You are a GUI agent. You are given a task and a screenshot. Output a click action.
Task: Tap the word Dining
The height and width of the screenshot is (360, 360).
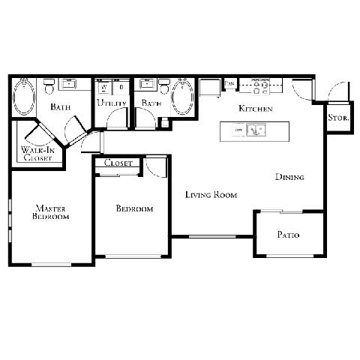289,178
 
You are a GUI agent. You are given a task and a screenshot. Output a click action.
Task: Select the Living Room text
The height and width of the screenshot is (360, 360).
211,195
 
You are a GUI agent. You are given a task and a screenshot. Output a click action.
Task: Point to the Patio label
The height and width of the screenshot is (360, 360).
288,235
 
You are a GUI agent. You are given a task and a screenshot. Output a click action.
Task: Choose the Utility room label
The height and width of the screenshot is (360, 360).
111,103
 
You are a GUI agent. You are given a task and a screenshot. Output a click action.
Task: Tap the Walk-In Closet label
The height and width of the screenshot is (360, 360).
37,154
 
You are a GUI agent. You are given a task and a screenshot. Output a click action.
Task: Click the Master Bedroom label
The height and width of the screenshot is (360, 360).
51,211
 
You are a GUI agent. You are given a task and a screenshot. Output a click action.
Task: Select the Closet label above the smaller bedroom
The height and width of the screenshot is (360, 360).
118,163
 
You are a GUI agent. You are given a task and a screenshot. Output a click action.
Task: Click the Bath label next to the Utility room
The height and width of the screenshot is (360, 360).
151,103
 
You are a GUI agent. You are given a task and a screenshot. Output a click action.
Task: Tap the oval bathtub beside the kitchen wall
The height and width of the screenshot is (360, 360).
182,97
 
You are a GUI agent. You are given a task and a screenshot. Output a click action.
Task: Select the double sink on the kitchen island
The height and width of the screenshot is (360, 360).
256,131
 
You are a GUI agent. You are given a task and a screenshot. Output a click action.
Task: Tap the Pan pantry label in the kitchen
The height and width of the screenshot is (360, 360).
230,83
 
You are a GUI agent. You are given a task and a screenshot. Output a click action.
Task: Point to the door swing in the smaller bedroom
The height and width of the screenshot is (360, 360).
157,167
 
